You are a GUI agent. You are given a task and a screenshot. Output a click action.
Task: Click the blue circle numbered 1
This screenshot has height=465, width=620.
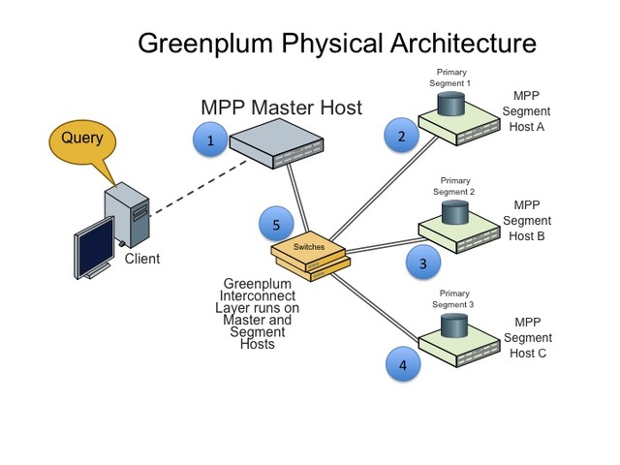210,141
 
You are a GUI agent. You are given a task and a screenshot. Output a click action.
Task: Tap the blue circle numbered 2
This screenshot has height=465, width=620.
401,137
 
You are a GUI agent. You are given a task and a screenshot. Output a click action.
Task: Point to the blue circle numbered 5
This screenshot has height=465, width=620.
276,226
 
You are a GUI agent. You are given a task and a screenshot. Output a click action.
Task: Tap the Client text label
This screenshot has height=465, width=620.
141,259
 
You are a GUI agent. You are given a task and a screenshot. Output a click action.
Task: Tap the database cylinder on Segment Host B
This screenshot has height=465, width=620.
455,214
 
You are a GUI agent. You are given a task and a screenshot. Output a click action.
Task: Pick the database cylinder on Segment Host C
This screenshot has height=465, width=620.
456,325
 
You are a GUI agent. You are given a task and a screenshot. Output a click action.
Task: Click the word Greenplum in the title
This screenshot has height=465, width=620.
223,44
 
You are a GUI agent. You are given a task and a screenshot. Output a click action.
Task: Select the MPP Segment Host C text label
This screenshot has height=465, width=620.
528,337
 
